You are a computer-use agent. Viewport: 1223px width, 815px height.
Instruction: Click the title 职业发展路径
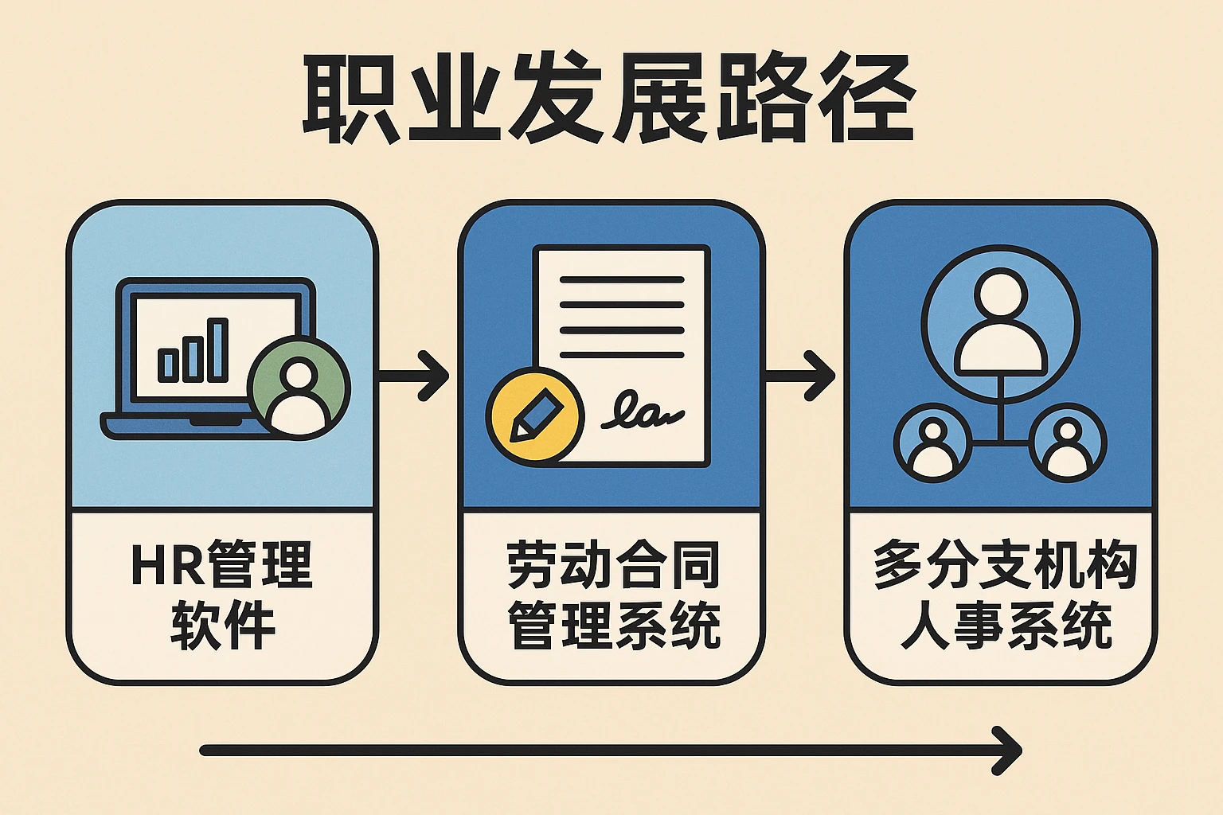[x=609, y=99]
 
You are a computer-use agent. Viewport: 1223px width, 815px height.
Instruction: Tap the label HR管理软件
[x=222, y=594]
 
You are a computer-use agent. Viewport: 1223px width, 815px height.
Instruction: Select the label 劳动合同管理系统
[x=612, y=594]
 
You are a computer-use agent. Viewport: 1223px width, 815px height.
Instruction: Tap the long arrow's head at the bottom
[x=1007, y=750]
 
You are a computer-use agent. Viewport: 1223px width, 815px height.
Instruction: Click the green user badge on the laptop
[x=299, y=387]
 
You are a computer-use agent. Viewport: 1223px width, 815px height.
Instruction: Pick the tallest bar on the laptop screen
[x=217, y=350]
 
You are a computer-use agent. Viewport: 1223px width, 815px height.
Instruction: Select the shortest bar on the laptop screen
[x=167, y=365]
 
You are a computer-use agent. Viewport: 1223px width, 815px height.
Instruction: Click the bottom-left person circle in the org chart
[x=932, y=443]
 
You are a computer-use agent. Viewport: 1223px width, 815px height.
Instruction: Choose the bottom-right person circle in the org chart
[x=1068, y=443]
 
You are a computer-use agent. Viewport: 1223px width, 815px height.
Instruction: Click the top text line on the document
[x=622, y=280]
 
